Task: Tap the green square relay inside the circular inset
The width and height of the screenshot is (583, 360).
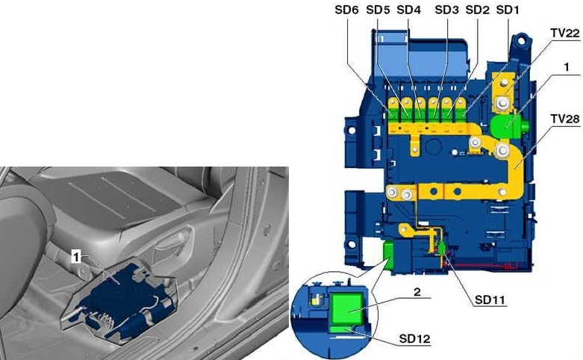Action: [x=347, y=305]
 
